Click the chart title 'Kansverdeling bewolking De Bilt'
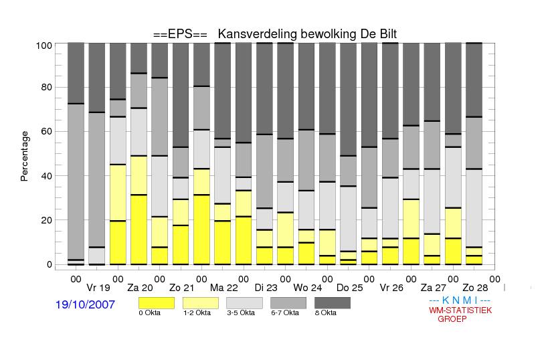(x=307, y=34)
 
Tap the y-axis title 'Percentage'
(x=24, y=156)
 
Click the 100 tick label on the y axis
(x=44, y=46)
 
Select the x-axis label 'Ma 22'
(x=223, y=288)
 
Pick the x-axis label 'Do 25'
(x=350, y=288)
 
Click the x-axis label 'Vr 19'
(x=98, y=288)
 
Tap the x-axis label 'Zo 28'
(x=475, y=288)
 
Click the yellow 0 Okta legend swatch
(x=157, y=303)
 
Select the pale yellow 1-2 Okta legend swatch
(x=201, y=303)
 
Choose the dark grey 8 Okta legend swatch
(x=333, y=303)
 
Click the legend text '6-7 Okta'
(x=285, y=312)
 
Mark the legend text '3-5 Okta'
(x=241, y=312)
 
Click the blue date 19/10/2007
(x=85, y=304)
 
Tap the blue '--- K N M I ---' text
(x=460, y=300)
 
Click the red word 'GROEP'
(x=452, y=319)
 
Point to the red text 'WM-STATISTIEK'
(x=460, y=310)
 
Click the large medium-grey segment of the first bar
(x=76, y=182)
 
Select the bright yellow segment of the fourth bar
(x=139, y=230)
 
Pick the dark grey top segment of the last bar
(x=474, y=80)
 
